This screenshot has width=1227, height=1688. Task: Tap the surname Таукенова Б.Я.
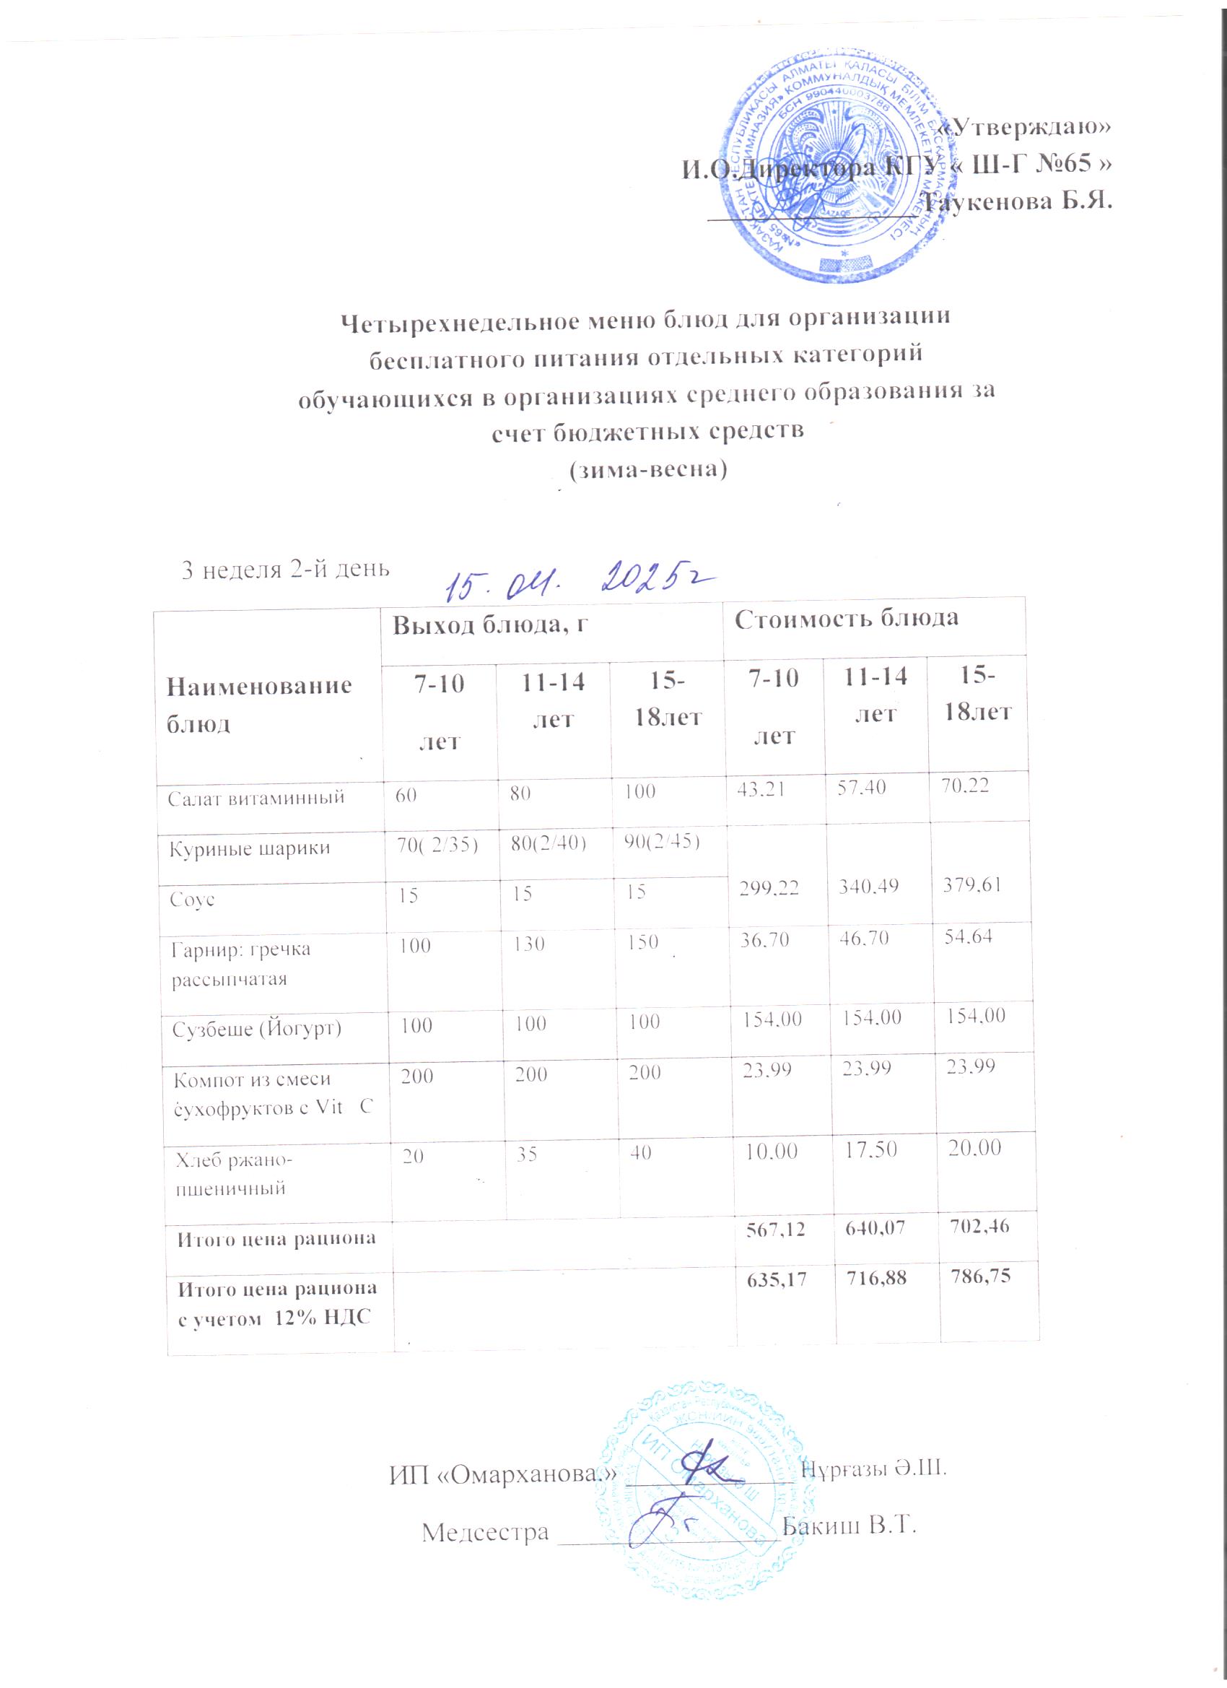click(x=1018, y=201)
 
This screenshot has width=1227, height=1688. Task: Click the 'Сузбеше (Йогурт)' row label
click(x=258, y=1030)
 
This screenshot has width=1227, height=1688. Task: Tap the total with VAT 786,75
click(x=975, y=1276)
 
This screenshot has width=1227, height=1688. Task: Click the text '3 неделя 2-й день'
click(x=286, y=570)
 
